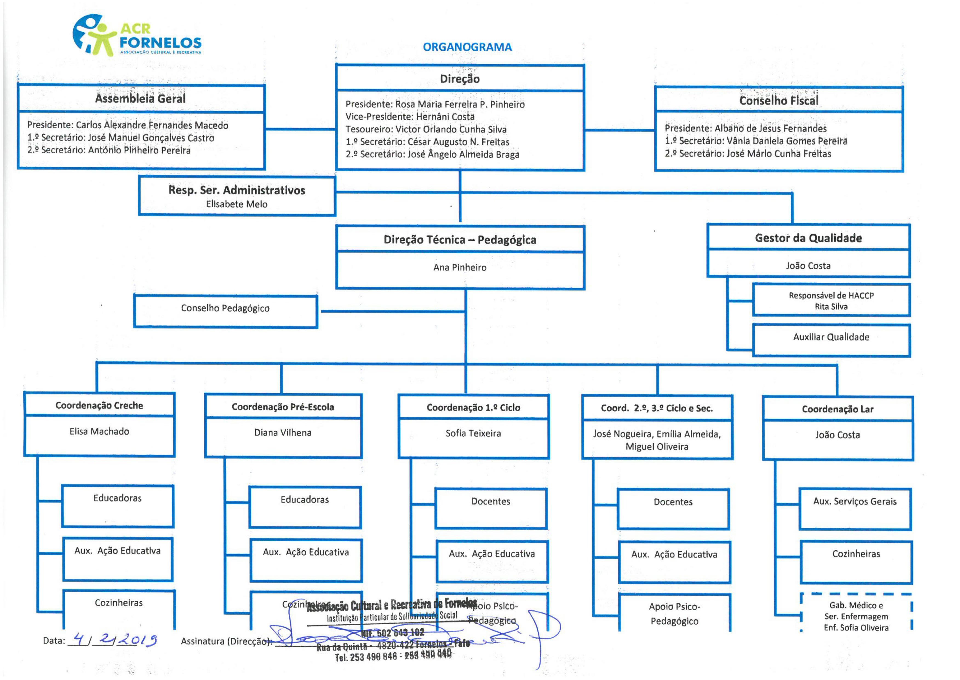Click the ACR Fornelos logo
point(137,36)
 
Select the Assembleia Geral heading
point(140,98)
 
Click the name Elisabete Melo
point(236,204)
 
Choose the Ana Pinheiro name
point(460,267)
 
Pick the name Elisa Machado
point(99,431)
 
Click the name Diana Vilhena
point(283,432)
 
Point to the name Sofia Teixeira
point(473,433)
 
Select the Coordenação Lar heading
point(838,409)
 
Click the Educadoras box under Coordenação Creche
point(117,498)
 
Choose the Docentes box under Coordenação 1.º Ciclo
point(490,501)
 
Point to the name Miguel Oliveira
point(657,447)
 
